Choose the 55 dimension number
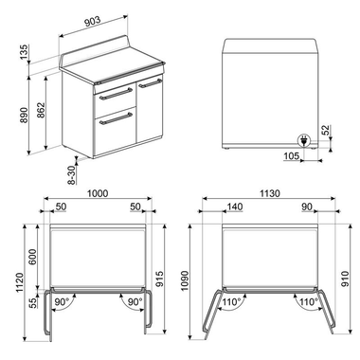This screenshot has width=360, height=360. pos(34,302)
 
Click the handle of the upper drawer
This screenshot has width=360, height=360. pos(116,94)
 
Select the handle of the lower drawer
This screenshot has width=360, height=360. pos(116,118)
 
